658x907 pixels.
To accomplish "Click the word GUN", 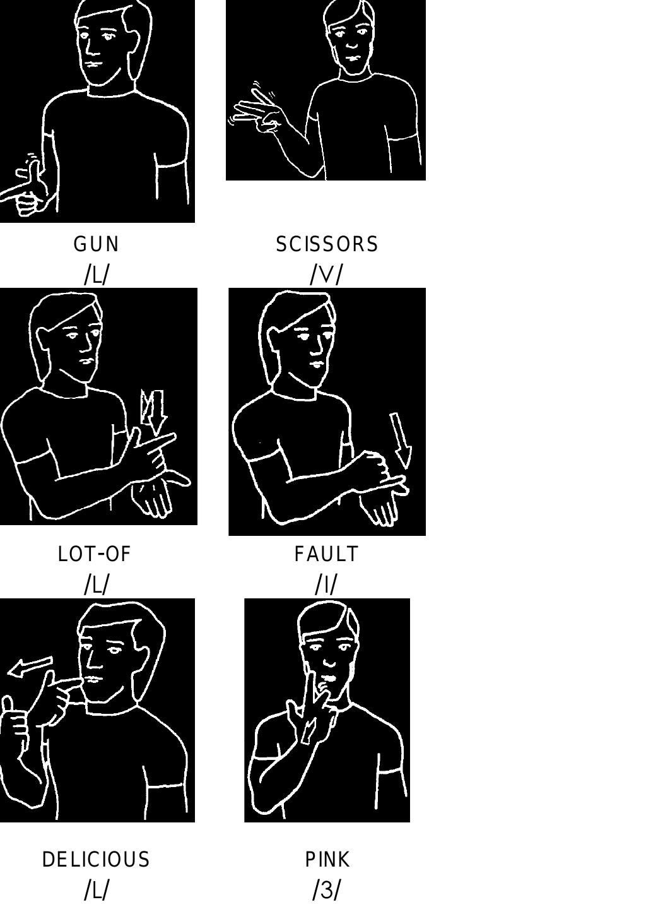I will tap(96, 244).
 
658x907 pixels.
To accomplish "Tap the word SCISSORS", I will tap(327, 244).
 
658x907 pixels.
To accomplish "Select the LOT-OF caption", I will tap(94, 554).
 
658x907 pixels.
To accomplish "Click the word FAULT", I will tap(326, 554).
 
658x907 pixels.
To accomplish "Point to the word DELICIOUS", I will tap(96, 860).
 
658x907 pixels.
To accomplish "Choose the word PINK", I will tap(327, 860).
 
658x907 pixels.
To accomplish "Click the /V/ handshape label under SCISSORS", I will tap(326, 274).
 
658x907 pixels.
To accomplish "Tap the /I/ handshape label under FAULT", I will tap(326, 584).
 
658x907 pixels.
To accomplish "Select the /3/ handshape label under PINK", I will tap(326, 890).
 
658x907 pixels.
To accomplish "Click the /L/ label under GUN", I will tap(96, 274).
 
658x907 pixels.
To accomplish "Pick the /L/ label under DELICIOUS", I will tap(96, 890).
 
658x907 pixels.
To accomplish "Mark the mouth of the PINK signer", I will tap(328, 679).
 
